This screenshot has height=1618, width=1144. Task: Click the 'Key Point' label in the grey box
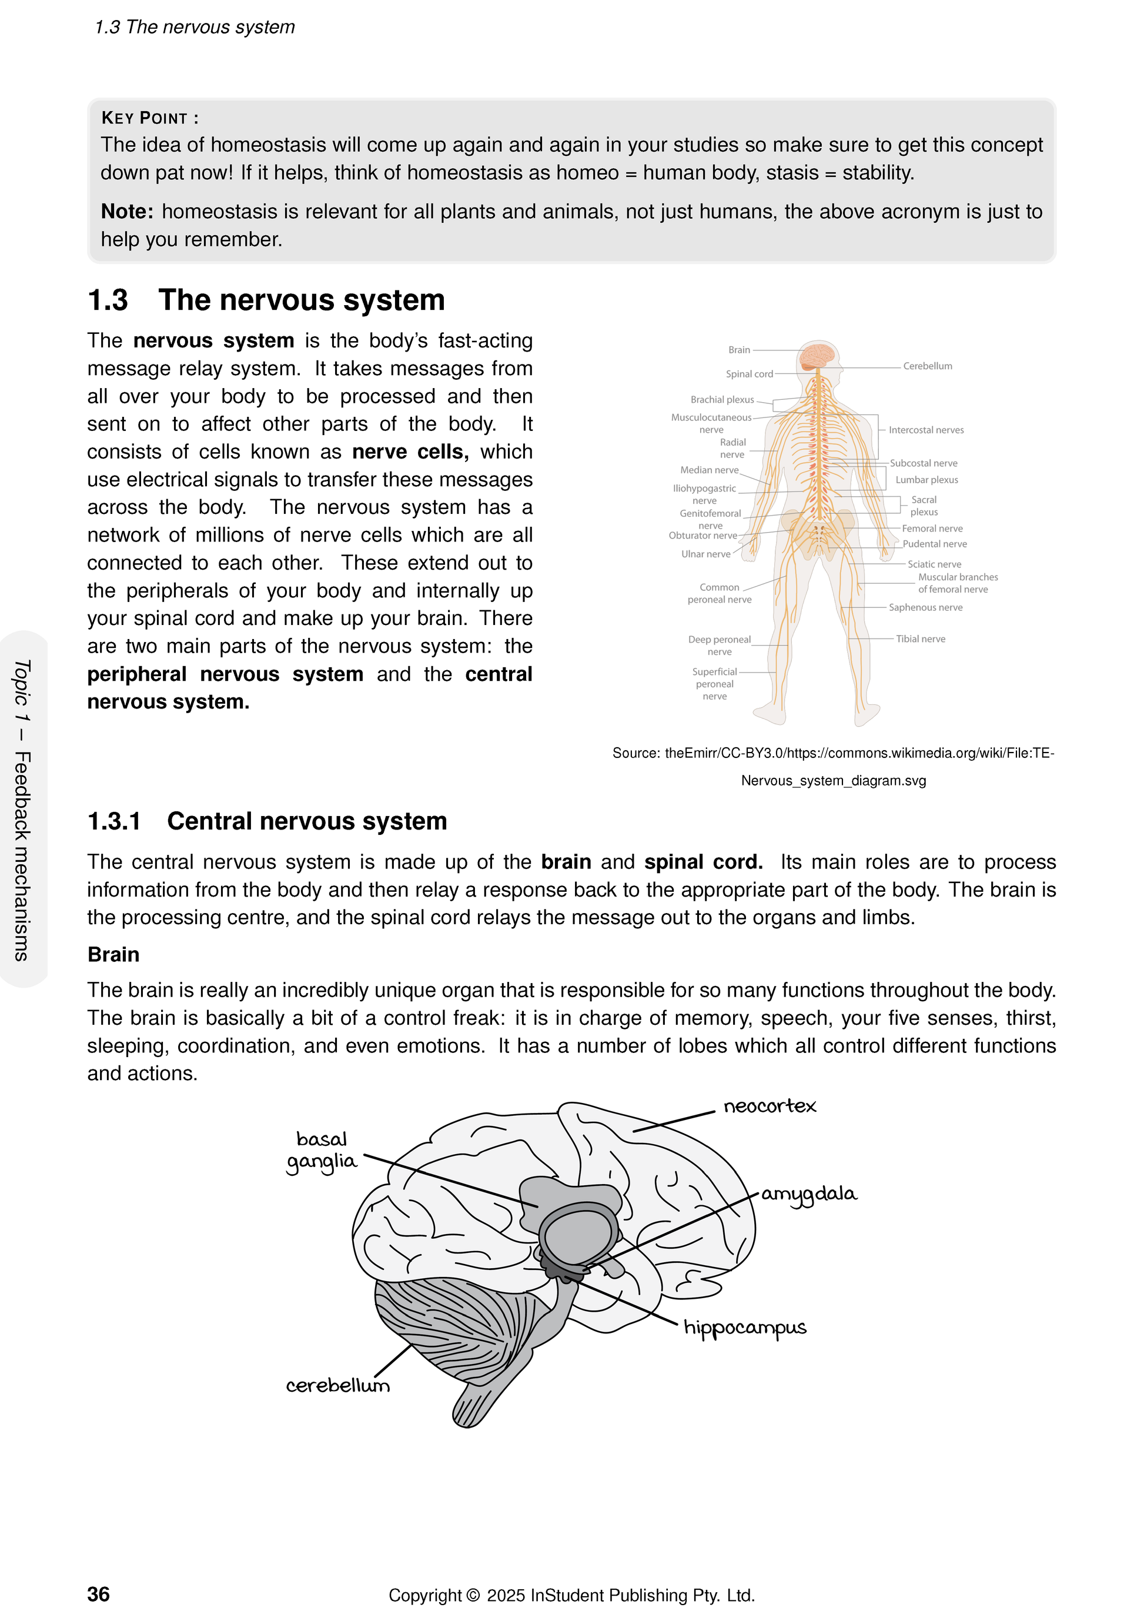(149, 118)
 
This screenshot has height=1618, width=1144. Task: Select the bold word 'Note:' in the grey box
(127, 212)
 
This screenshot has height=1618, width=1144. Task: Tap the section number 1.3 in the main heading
(108, 300)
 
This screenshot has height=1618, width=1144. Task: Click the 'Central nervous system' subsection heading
(306, 821)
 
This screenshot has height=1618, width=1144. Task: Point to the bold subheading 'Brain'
(113, 954)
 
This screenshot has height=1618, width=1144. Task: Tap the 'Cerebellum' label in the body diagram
(927, 366)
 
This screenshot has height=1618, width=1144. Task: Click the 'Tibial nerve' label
(920, 638)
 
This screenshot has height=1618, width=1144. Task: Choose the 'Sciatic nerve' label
(934, 564)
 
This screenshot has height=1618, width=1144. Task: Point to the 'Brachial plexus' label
(722, 400)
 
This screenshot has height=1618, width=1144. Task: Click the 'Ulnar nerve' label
(706, 554)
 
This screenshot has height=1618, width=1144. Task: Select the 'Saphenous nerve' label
(925, 607)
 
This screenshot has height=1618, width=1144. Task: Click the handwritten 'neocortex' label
(770, 1106)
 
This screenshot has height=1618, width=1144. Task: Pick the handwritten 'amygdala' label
(809, 1194)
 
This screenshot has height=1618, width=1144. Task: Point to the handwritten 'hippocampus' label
(745, 1328)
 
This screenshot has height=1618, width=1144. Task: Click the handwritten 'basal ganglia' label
(322, 1150)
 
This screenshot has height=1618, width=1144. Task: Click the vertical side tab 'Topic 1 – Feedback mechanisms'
(22, 810)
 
